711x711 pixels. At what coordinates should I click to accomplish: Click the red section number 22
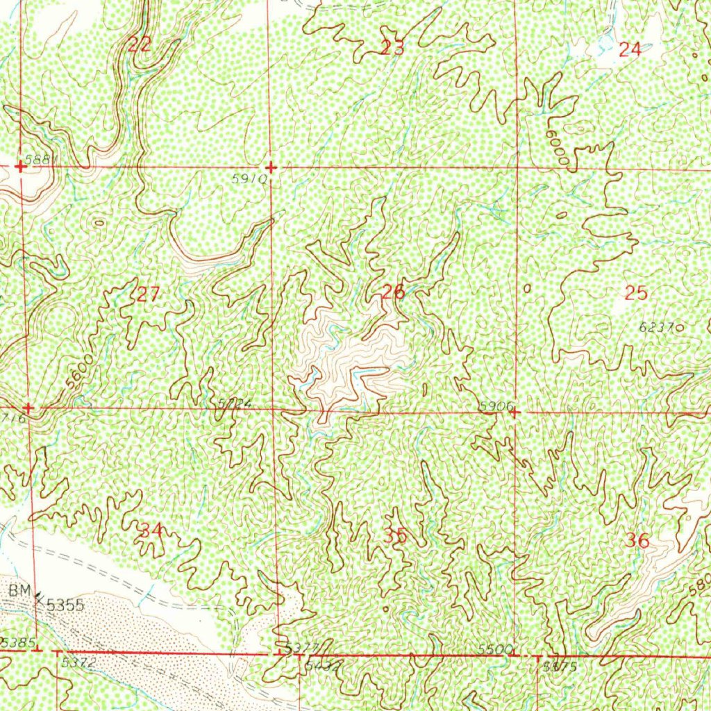pos(140,45)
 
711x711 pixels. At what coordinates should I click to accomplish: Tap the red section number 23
pos(392,48)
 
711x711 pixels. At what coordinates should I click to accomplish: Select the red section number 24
pos(630,49)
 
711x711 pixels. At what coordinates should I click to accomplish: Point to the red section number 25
pos(635,293)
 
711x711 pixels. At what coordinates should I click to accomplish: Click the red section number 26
pos(393,292)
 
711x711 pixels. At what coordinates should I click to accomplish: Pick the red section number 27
pos(148,294)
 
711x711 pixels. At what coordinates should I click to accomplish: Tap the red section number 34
pos(151,531)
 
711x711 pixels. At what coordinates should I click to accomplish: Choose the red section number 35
pos(394,536)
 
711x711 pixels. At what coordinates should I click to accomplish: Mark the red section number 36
pos(637,541)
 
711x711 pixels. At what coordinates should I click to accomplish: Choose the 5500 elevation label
pos(496,648)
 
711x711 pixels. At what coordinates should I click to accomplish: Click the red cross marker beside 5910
pos(271,168)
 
